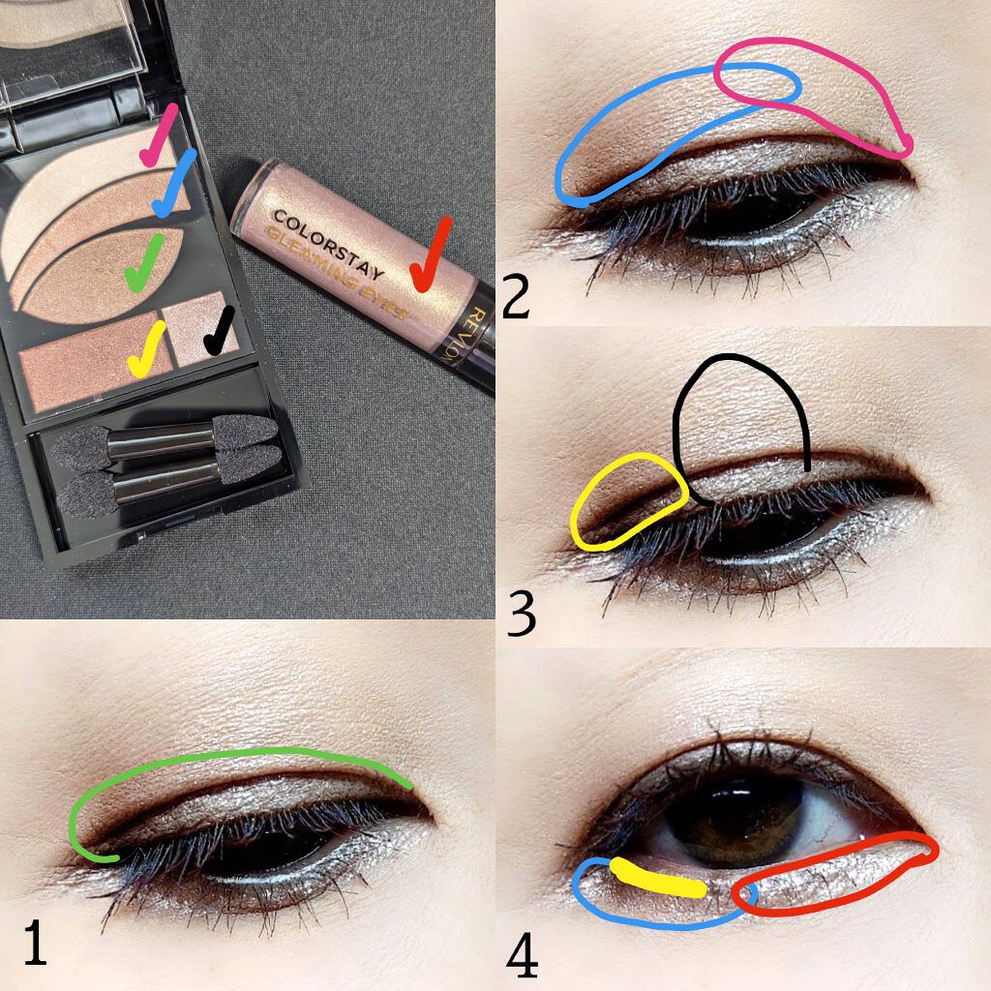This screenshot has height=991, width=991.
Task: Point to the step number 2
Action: pyautogui.click(x=516, y=296)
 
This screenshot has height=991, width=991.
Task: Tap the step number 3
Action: pyautogui.click(x=521, y=613)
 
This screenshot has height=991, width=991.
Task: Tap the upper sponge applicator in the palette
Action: pyautogui.click(x=165, y=437)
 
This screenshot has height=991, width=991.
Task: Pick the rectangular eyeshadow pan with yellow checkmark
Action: pyautogui.click(x=95, y=362)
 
